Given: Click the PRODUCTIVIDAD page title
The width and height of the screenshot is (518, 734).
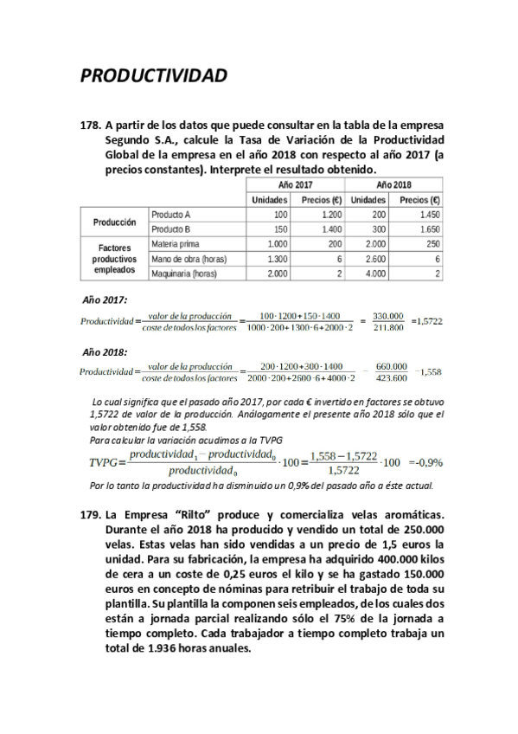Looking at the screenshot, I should [x=154, y=75].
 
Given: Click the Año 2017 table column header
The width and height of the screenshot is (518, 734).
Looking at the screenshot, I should [x=296, y=185].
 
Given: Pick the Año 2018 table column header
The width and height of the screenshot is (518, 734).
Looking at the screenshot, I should [x=393, y=185].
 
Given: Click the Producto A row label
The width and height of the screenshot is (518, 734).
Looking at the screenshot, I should [x=170, y=214].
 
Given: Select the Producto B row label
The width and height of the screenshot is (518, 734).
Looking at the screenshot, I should [x=170, y=229].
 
